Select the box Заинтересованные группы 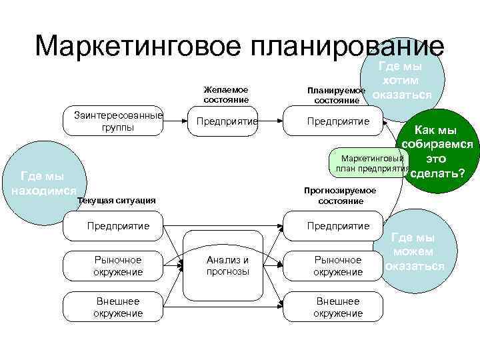[x=118, y=121]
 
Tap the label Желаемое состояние [x=226, y=95]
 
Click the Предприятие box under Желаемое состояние [x=226, y=122]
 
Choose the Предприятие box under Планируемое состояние [x=337, y=122]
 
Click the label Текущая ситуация [x=117, y=199]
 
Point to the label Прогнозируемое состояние [x=340, y=195]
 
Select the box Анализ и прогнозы [x=227, y=265]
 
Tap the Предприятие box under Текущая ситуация [x=118, y=226]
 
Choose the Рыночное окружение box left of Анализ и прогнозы [x=118, y=265]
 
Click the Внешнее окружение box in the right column [x=338, y=307]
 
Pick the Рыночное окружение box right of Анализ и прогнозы [x=338, y=265]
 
